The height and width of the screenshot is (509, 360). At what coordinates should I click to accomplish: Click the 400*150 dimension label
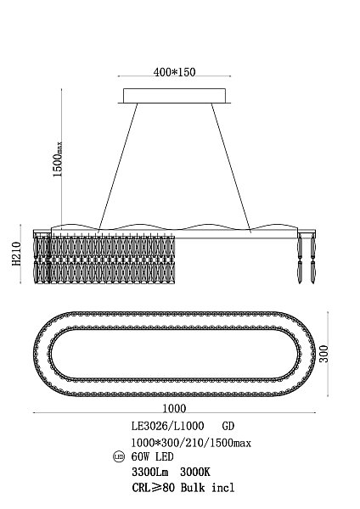click(174, 72)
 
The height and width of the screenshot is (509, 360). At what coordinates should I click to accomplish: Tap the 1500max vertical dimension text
click(58, 159)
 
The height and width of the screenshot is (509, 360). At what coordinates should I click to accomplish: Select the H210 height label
click(17, 254)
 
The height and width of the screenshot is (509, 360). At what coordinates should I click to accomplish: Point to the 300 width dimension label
click(323, 354)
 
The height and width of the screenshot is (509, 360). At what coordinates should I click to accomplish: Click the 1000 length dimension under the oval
click(174, 408)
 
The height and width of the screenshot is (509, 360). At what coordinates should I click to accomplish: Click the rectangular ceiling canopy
click(174, 95)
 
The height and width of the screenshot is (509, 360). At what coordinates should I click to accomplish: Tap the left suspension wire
click(118, 166)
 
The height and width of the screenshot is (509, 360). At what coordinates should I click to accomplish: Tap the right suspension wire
click(231, 166)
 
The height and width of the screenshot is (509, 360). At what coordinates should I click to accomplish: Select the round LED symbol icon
click(119, 457)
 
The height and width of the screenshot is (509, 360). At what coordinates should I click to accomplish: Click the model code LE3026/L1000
click(167, 426)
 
